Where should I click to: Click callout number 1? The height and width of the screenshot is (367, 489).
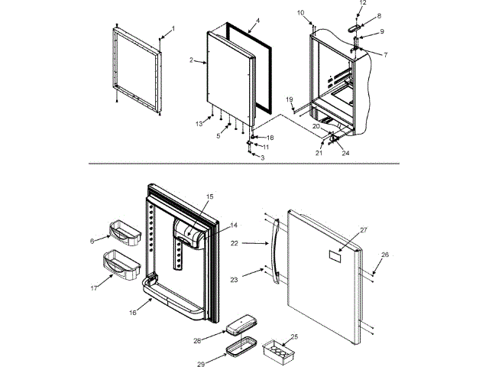point(173,28)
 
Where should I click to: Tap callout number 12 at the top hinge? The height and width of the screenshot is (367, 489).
point(362,3)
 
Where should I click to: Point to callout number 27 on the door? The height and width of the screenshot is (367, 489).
point(364,229)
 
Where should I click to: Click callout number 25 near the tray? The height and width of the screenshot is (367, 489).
point(295,336)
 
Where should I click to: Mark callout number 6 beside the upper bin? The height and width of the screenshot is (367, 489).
point(92,241)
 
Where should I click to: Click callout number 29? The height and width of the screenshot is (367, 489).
point(200,365)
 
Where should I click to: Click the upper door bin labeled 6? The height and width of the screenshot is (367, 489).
point(124,232)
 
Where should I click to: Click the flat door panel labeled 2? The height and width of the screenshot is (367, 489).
point(229,73)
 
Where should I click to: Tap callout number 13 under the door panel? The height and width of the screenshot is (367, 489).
point(199,123)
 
